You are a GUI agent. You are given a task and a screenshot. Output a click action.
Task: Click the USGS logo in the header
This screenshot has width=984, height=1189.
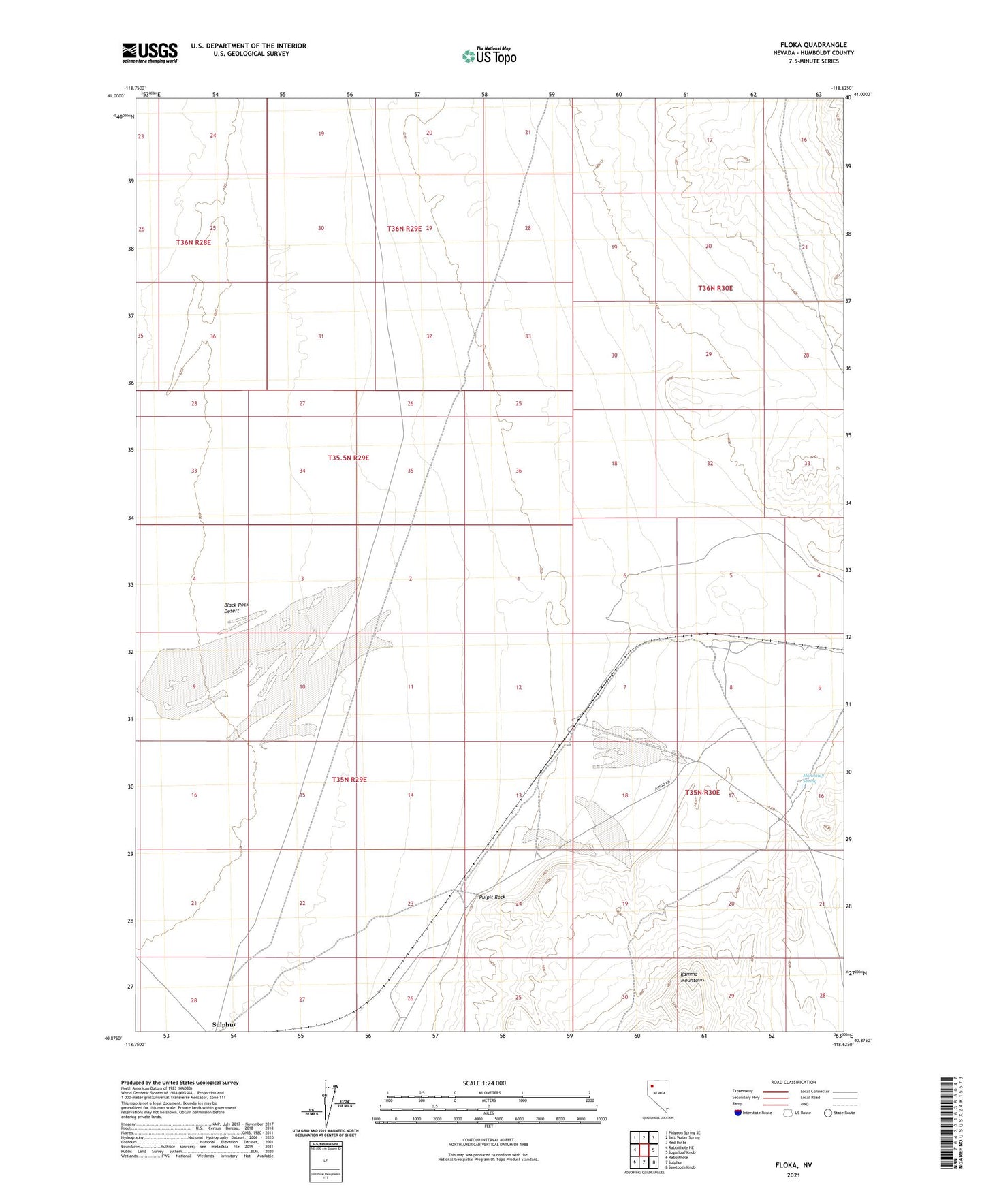click(x=150, y=52)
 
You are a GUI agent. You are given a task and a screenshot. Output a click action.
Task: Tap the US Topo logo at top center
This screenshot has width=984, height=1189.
click(x=488, y=56)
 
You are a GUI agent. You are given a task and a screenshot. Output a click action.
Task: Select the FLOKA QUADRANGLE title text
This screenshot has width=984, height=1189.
click(x=814, y=45)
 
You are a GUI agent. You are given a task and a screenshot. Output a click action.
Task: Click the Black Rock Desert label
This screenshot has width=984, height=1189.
click(x=236, y=607)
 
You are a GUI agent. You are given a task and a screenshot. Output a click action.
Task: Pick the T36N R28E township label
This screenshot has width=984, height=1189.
click(x=193, y=242)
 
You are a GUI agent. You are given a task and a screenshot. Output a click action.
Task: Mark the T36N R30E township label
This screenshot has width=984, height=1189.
click(x=715, y=288)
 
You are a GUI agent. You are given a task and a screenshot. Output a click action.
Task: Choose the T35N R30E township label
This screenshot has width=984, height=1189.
click(x=702, y=793)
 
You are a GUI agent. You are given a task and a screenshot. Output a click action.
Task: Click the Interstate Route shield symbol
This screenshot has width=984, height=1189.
click(x=738, y=1113)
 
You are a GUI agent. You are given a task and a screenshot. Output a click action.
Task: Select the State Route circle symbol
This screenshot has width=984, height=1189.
click(x=828, y=1113)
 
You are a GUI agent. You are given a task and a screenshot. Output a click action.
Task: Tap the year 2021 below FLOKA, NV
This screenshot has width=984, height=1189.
click(x=793, y=1175)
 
